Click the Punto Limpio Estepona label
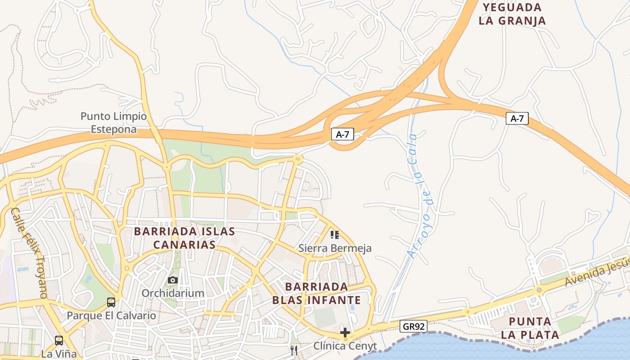113,123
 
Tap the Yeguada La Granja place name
512,14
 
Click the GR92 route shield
413,326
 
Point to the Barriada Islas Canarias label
184,238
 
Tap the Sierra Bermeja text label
335,248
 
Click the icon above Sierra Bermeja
335,234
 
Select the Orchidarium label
173,293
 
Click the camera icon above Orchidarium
173,280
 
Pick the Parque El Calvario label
111,315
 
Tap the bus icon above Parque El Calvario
111,302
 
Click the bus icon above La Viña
59,340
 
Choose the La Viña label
59,354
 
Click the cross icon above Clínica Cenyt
345,333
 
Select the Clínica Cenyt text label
345,346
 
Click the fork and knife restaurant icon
294,351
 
